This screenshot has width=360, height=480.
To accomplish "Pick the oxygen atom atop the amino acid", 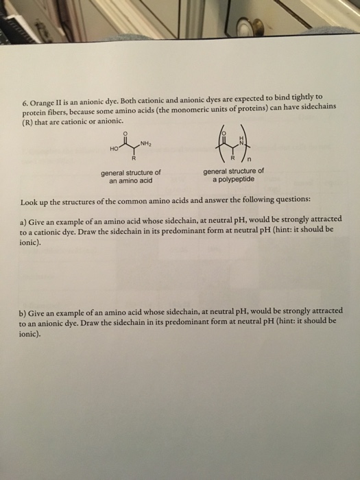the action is [124, 132].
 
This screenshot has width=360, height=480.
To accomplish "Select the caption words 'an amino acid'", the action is [130, 181].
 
